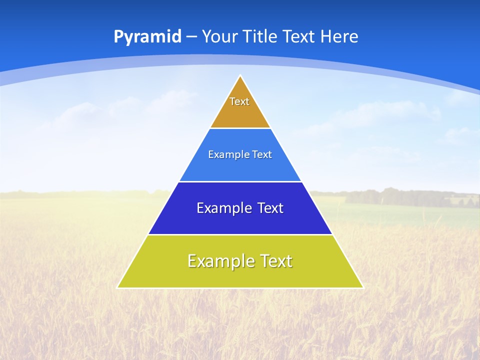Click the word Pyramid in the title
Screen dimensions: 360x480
coord(147,37)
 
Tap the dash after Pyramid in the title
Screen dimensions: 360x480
coord(192,37)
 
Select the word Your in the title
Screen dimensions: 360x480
coord(219,36)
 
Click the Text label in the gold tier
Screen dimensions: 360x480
coord(239,101)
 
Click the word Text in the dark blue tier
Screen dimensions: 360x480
coord(270,208)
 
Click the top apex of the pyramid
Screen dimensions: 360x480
coord(240,76)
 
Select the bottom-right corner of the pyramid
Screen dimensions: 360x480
coord(362,287)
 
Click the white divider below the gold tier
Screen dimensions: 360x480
coord(240,128)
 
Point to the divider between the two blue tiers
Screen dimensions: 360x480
coord(240,181)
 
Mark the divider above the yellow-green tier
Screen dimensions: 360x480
coord(240,234)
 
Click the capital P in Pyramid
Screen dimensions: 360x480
coord(118,36)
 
